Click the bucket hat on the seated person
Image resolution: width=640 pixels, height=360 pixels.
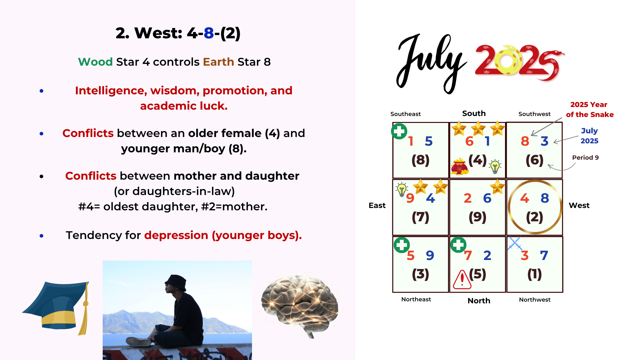click(x=176, y=283)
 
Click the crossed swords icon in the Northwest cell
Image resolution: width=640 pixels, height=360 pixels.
click(x=515, y=243)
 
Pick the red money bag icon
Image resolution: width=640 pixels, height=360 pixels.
click(x=460, y=166)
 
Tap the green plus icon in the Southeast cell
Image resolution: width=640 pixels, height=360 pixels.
click(x=399, y=131)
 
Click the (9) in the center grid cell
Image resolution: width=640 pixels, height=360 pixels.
click(x=477, y=217)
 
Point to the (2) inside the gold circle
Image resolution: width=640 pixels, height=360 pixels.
click(x=534, y=217)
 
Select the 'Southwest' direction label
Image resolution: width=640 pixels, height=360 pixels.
click(x=534, y=114)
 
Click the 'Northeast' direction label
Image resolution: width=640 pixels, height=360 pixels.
click(x=416, y=299)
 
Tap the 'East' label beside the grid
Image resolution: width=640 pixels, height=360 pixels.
click(x=377, y=205)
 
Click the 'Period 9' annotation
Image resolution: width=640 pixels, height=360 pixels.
click(x=585, y=157)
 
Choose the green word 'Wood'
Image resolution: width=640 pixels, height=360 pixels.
click(x=95, y=62)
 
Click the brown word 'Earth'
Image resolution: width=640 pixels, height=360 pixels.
click(x=218, y=62)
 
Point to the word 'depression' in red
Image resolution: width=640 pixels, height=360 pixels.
click(x=176, y=235)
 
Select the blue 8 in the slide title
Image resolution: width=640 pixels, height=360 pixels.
click(x=209, y=33)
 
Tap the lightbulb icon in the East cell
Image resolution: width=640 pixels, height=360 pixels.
click(x=402, y=189)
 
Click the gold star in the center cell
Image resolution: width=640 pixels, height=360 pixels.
click(x=497, y=187)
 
